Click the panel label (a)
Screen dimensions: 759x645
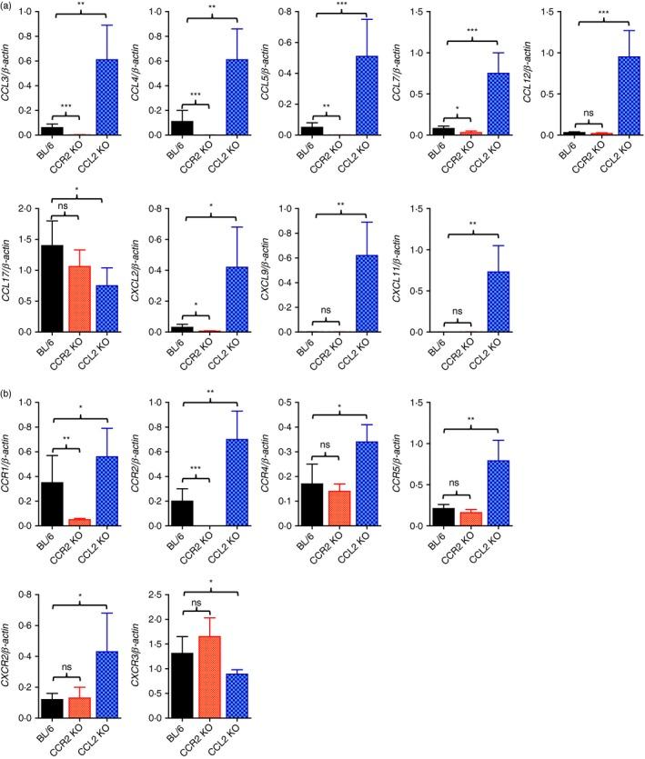click(10, 7)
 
